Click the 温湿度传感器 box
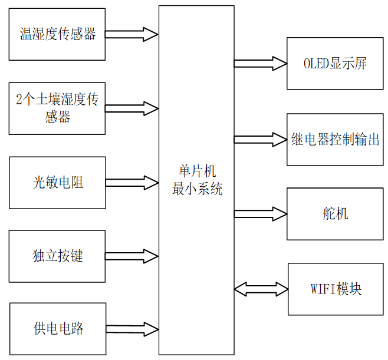pos(57,34)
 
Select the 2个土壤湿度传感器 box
pos(57,108)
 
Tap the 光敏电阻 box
pos(57,183)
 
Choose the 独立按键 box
pos(57,256)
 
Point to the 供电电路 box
pos(57,329)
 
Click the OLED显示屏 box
pos(334,64)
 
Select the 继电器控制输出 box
pos(334,140)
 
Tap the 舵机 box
pos(334,214)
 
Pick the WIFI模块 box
pos(334,289)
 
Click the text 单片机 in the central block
pos(197,171)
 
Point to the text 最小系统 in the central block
pos(197,189)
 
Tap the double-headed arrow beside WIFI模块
pos(261,289)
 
